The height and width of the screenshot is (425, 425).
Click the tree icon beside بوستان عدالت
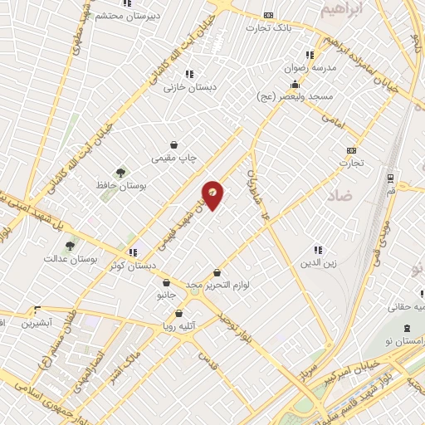[70, 246]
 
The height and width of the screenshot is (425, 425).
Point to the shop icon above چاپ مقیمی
[173, 144]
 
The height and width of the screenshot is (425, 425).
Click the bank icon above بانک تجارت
[267, 15]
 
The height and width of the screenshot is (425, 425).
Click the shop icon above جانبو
[166, 282]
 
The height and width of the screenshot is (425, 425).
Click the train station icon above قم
[390, 178]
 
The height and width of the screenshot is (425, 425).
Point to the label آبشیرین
[37, 321]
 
